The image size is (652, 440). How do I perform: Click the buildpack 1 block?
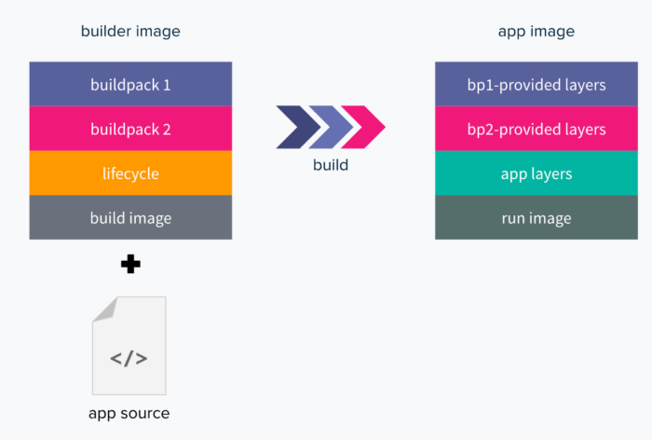130,84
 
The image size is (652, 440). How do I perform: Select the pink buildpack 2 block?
130,129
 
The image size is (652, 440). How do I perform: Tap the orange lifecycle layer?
130,172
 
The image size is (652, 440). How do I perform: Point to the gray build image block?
130,217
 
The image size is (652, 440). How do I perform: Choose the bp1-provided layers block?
537,84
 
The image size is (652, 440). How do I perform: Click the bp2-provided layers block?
537,129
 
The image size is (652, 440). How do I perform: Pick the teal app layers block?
537,172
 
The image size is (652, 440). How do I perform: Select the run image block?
537,217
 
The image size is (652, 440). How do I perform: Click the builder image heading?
130,31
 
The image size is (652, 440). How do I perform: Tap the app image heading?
537,32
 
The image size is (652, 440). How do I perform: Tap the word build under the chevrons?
331,165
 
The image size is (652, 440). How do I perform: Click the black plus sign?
130,264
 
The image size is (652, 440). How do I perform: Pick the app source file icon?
129,346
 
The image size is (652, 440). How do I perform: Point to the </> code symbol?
129,358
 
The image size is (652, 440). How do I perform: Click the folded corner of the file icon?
105,309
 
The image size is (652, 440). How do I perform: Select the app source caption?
129,414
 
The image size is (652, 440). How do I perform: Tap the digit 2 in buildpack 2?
167,130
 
